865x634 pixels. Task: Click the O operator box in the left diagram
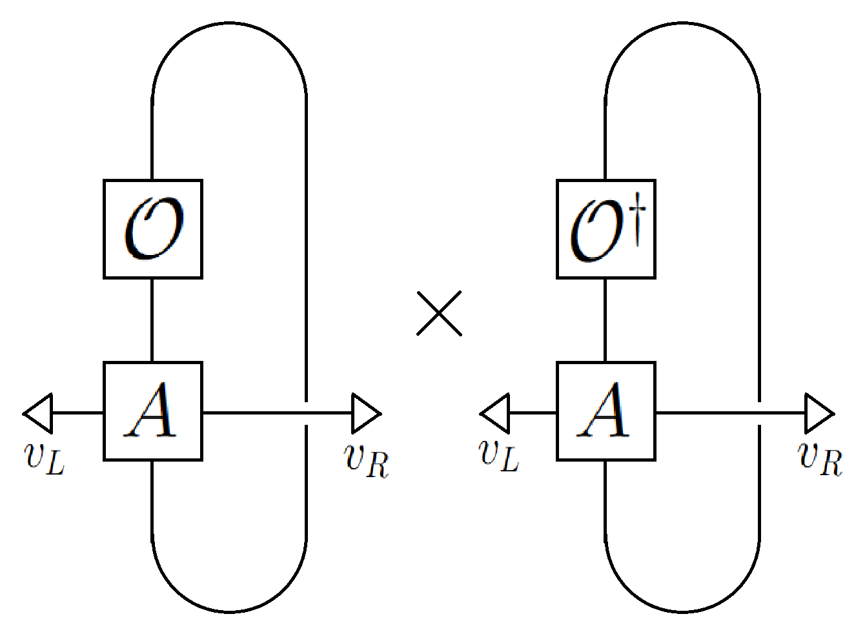(x=153, y=229)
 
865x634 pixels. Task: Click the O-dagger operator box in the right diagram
(x=606, y=229)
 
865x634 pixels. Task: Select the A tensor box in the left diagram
(x=153, y=411)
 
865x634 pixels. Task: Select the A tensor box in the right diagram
(x=606, y=411)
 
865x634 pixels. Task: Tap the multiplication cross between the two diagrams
(x=439, y=313)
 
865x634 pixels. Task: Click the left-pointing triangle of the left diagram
(x=38, y=413)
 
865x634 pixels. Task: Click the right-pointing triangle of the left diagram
(x=365, y=413)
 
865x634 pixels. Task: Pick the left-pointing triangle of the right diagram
(x=494, y=413)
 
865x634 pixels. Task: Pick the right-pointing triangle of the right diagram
(x=819, y=413)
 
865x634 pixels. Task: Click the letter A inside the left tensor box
(x=152, y=411)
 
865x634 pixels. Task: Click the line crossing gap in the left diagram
(x=306, y=413)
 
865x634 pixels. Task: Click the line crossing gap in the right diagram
(x=759, y=413)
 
